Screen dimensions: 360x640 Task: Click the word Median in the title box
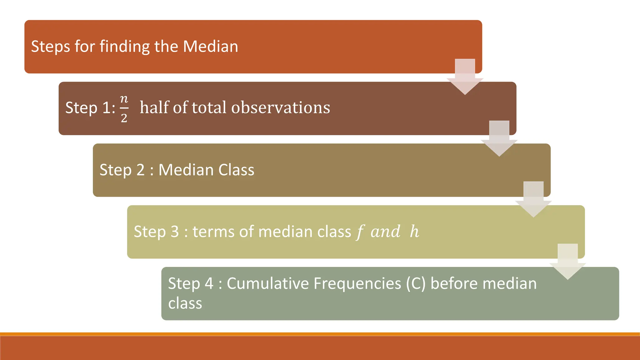click(210, 46)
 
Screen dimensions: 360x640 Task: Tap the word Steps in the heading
click(50, 47)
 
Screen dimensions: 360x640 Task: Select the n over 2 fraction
click(124, 108)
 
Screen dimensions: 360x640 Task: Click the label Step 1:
click(90, 108)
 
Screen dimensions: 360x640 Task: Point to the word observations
click(280, 108)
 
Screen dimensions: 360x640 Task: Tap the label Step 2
click(122, 170)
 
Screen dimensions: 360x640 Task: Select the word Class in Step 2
click(236, 170)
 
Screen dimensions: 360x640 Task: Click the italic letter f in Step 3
click(360, 232)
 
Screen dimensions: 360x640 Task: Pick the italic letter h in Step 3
click(414, 232)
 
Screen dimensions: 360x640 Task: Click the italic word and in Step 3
click(385, 232)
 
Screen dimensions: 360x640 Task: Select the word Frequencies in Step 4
click(357, 283)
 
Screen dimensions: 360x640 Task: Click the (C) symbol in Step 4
click(416, 283)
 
